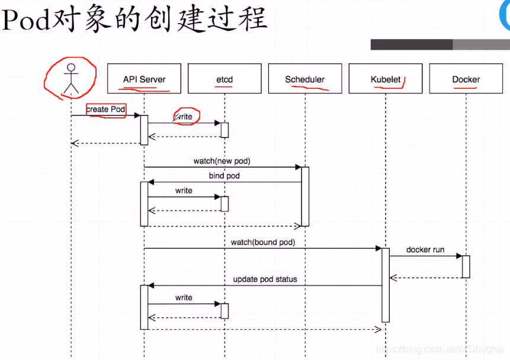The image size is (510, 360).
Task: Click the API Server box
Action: coord(144,79)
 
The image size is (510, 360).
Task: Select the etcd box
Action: coord(224,79)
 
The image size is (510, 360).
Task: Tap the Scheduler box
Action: coord(304,79)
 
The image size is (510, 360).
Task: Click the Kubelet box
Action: coord(386,79)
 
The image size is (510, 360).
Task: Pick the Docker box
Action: coord(466,79)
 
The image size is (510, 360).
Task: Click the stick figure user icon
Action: coord(71,79)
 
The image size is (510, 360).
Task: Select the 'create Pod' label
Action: coord(105,110)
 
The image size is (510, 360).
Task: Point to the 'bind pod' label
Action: coord(224,176)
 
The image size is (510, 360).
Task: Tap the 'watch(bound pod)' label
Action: coord(263,242)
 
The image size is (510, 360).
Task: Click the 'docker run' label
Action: coord(425,250)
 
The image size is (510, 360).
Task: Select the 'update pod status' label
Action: coord(265,279)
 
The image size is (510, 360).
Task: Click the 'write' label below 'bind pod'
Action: coord(184,191)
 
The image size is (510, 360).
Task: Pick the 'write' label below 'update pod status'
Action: coord(184,297)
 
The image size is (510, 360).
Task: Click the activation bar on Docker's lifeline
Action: coord(466,266)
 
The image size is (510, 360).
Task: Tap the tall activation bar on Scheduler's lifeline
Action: coord(305,196)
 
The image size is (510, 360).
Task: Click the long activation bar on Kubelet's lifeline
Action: coord(386,285)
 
